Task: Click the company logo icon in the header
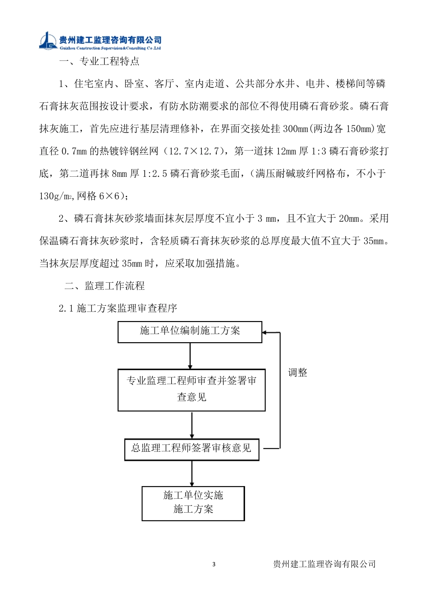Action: (48, 41)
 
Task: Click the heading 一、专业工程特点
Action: (100, 61)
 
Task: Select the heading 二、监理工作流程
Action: (105, 286)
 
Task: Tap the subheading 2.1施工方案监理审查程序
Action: (118, 308)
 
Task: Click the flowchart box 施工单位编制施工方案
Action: (190, 331)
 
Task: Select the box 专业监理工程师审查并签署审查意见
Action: (191, 390)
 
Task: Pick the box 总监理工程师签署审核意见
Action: (191, 449)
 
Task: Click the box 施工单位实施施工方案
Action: (193, 503)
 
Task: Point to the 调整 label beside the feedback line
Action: (298, 373)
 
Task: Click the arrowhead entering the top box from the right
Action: (265, 333)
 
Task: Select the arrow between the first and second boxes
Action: (190, 356)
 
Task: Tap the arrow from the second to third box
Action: (192, 425)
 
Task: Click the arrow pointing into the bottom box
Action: (192, 473)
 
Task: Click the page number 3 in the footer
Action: (214, 564)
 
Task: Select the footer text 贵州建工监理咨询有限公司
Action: (324, 564)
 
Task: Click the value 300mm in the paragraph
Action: (295, 129)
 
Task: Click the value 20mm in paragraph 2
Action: (350, 219)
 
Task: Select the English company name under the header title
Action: (110, 48)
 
